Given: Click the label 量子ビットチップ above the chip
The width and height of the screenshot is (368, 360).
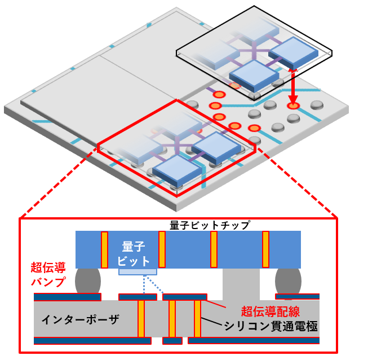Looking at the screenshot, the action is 210,225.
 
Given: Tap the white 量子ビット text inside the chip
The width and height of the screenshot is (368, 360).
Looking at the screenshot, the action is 134,254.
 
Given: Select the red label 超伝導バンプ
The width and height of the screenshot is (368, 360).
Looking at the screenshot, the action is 48,274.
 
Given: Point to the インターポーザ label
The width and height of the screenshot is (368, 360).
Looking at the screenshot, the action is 80,319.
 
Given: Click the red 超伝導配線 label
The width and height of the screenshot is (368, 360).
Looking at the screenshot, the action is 271,311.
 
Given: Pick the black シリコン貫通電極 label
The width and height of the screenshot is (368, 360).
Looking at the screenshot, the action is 271,326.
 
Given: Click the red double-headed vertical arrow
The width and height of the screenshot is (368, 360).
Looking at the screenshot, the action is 293,86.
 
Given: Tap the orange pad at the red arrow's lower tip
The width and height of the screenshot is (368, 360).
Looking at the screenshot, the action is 293,106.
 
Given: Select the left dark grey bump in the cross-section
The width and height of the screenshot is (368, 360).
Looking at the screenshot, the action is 88,281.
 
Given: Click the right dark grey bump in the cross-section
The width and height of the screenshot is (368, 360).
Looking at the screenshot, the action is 288,281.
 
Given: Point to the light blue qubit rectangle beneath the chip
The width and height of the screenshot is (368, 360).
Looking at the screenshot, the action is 138,272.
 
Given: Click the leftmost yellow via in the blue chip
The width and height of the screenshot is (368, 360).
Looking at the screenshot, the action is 104,249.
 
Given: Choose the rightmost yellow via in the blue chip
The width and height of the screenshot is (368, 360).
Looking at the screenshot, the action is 265,249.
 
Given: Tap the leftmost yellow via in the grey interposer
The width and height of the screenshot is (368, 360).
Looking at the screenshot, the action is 141,319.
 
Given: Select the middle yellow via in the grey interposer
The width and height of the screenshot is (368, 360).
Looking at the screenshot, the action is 172,319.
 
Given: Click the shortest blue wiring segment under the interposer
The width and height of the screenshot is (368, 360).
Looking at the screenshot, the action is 172,341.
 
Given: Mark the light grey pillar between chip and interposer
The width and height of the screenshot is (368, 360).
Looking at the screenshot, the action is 241,284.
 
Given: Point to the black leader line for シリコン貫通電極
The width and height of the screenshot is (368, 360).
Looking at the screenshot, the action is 211,321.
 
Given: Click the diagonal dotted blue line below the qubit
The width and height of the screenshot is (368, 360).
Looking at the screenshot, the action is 154,284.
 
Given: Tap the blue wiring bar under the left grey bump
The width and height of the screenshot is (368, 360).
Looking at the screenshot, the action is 68,297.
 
